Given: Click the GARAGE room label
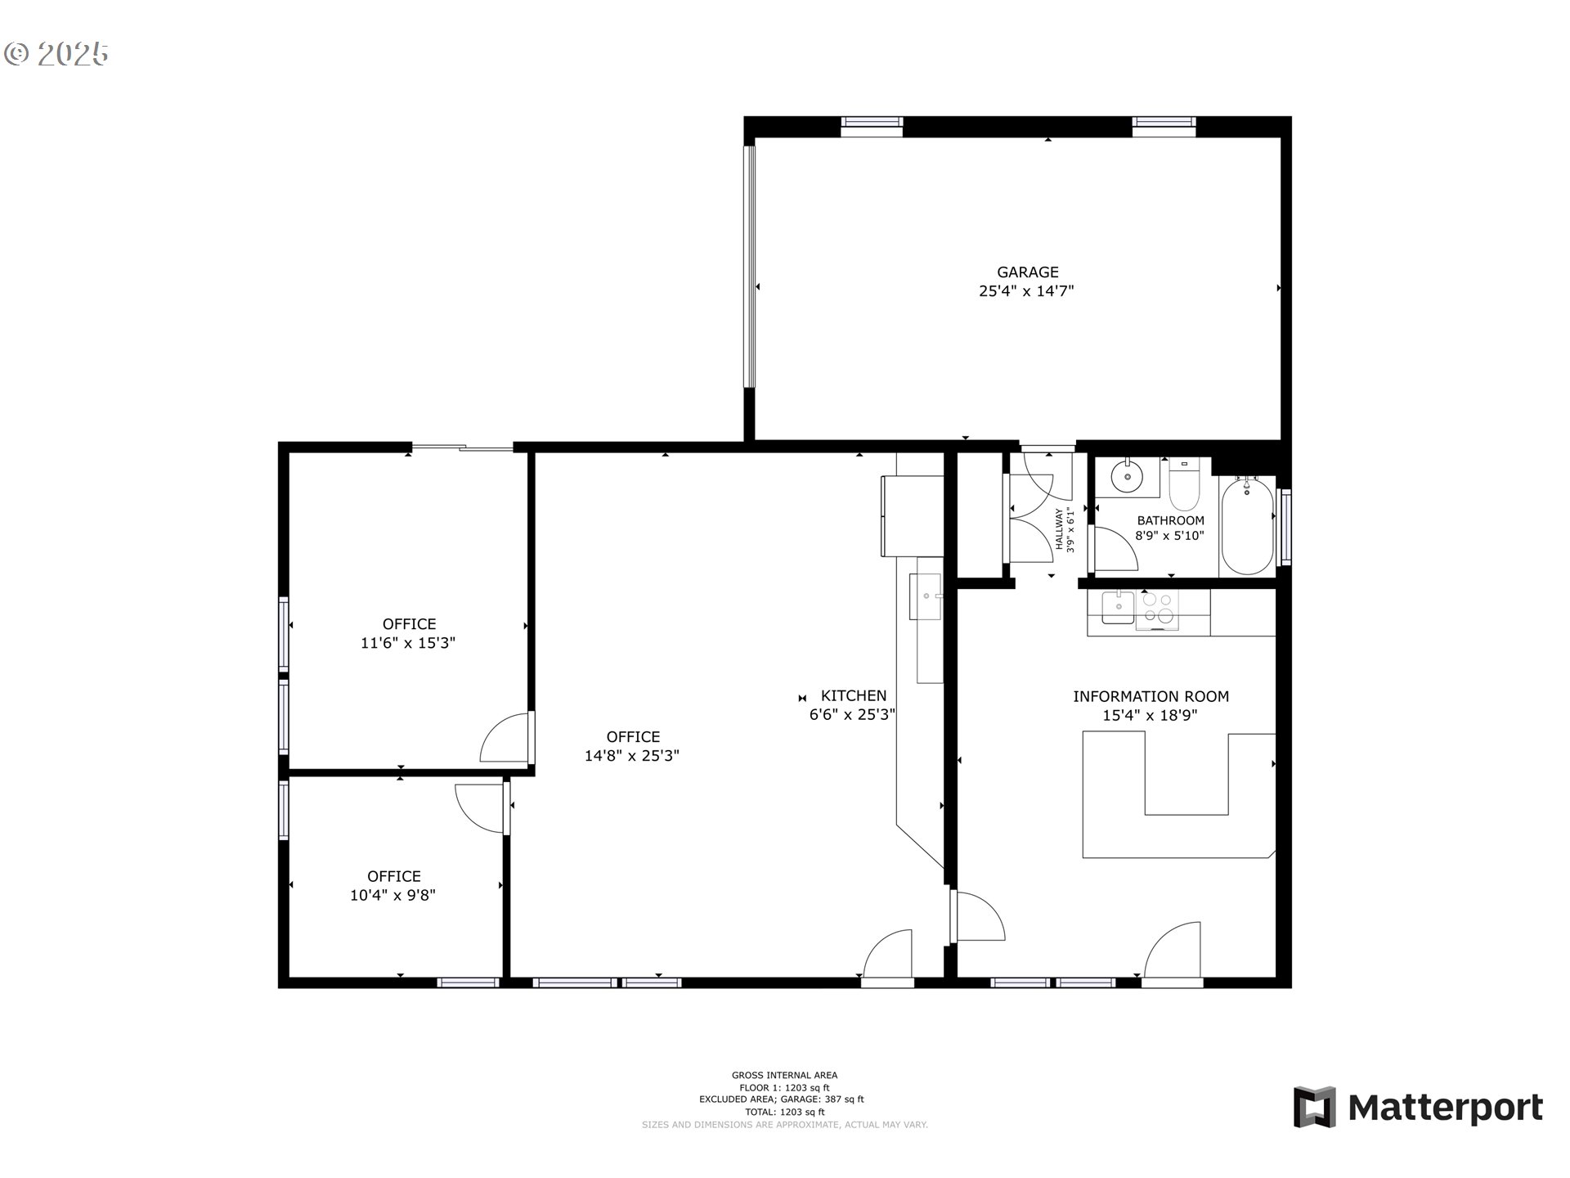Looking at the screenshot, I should pos(1027,272).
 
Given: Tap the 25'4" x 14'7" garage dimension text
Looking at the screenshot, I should pos(1026,291).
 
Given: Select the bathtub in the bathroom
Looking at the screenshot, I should pos(1247,526).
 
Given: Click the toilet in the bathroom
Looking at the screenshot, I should pos(1183,487).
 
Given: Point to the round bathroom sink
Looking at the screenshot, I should pos(1127,476).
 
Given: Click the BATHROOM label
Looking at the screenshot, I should pos(1170,520).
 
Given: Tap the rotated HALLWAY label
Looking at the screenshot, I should pos(1060,529).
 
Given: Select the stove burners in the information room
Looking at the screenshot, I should pos(1157,609).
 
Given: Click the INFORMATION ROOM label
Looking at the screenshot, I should pos(1151,697).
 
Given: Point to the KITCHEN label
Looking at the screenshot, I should pos(853,696).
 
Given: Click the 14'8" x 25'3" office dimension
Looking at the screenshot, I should pos(631,757).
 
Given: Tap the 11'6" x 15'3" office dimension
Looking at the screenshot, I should pos(408,644).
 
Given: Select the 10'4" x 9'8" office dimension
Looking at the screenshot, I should pos(392,896).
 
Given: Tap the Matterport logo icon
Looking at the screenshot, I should pos(1314,1108).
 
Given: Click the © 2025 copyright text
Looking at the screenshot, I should pos(56,54).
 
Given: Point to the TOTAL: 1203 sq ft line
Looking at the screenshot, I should pos(784,1112).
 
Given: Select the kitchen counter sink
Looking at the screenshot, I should pos(926,597).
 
